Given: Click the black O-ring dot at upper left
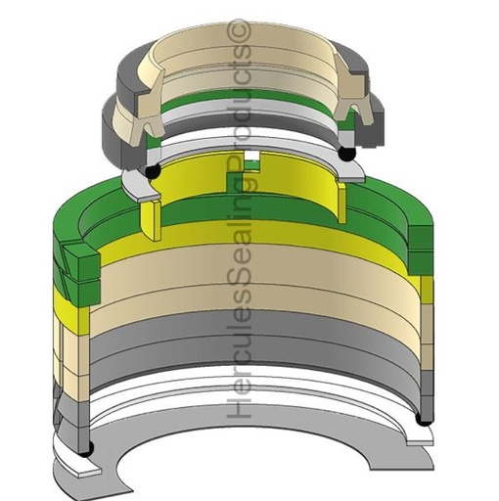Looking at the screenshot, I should coord(152,171).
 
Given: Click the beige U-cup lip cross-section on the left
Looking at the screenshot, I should coord(147,78).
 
